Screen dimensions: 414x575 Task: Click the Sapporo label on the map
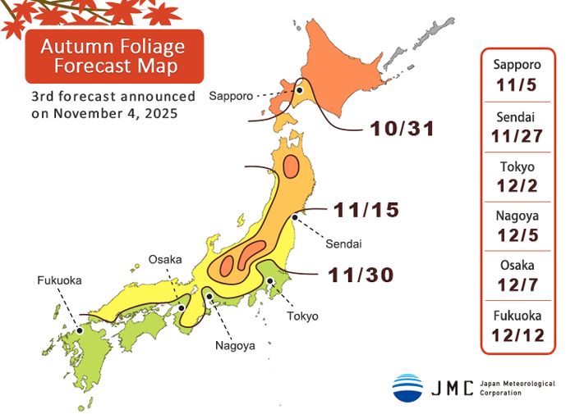tap(230, 96)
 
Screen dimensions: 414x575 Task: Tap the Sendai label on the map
tap(343, 244)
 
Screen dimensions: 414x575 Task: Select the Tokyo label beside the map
tap(302, 316)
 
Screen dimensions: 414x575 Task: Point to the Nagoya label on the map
tap(235, 345)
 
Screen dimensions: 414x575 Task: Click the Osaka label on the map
tap(165, 260)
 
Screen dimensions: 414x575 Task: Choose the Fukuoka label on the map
tap(59, 280)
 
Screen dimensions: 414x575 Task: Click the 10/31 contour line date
tap(402, 130)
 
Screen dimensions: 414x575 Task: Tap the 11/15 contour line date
tap(367, 211)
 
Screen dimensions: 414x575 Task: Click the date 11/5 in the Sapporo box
tap(517, 84)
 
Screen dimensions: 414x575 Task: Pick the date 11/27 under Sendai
tap(517, 135)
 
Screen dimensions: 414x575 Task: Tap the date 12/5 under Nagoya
tap(517, 235)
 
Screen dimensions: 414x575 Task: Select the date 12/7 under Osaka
tap(517, 284)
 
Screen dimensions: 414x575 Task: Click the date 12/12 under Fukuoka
tap(517, 334)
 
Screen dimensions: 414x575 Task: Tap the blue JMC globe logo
tap(407, 387)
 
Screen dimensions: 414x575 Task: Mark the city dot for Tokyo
tap(269, 281)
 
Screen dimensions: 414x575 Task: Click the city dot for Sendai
tap(294, 217)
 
